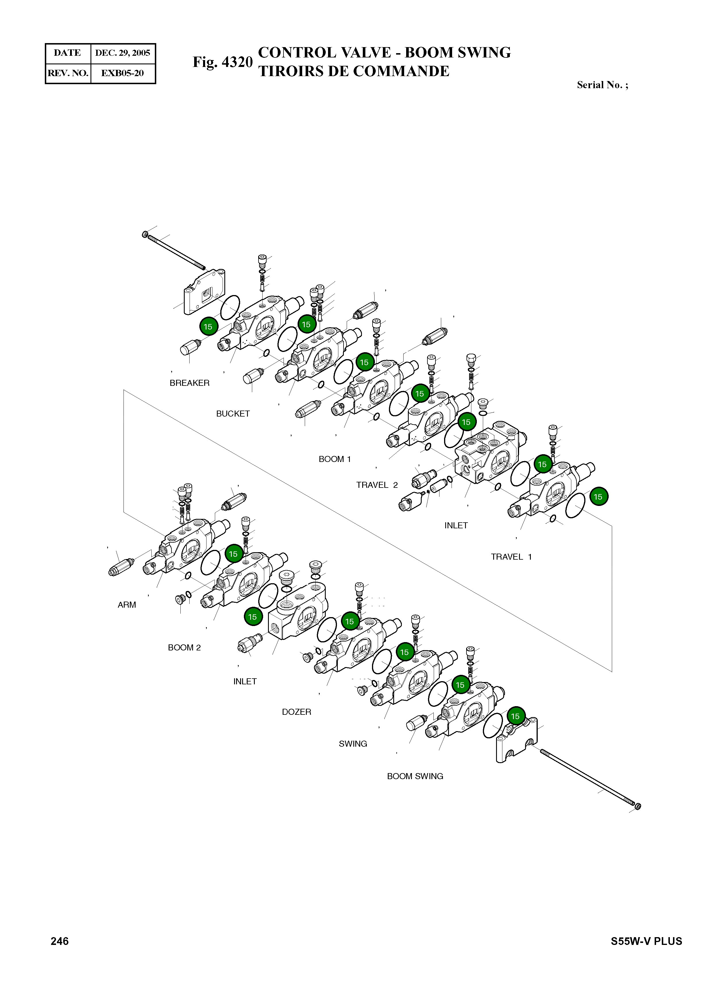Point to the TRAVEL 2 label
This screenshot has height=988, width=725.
point(377,485)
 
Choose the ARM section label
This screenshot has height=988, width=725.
point(127,604)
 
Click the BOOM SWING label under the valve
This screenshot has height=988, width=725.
point(415,776)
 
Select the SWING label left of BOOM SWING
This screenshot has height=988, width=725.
point(352,744)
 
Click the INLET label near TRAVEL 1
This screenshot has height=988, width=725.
point(456,525)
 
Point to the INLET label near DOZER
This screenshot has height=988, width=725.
point(245,681)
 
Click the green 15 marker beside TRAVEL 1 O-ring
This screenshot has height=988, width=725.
point(598,496)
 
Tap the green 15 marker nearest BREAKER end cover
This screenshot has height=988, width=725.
point(208,327)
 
